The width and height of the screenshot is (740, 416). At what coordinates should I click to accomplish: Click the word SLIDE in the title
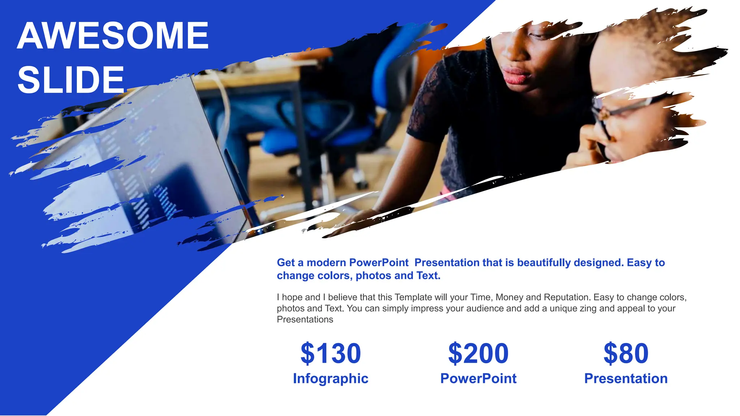71,80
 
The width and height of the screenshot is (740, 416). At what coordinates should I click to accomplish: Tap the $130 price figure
331,353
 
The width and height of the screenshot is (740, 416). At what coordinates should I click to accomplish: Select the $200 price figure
478,353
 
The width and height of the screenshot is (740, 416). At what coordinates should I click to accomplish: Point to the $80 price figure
626,353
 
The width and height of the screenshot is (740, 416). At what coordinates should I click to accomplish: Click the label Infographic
331,378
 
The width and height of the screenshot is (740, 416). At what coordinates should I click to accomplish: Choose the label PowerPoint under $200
478,378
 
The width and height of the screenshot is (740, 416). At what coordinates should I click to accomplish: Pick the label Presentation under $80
626,378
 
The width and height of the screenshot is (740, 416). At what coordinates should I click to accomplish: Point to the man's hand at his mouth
593,144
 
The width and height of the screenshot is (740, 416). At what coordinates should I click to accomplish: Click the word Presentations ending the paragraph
305,320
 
